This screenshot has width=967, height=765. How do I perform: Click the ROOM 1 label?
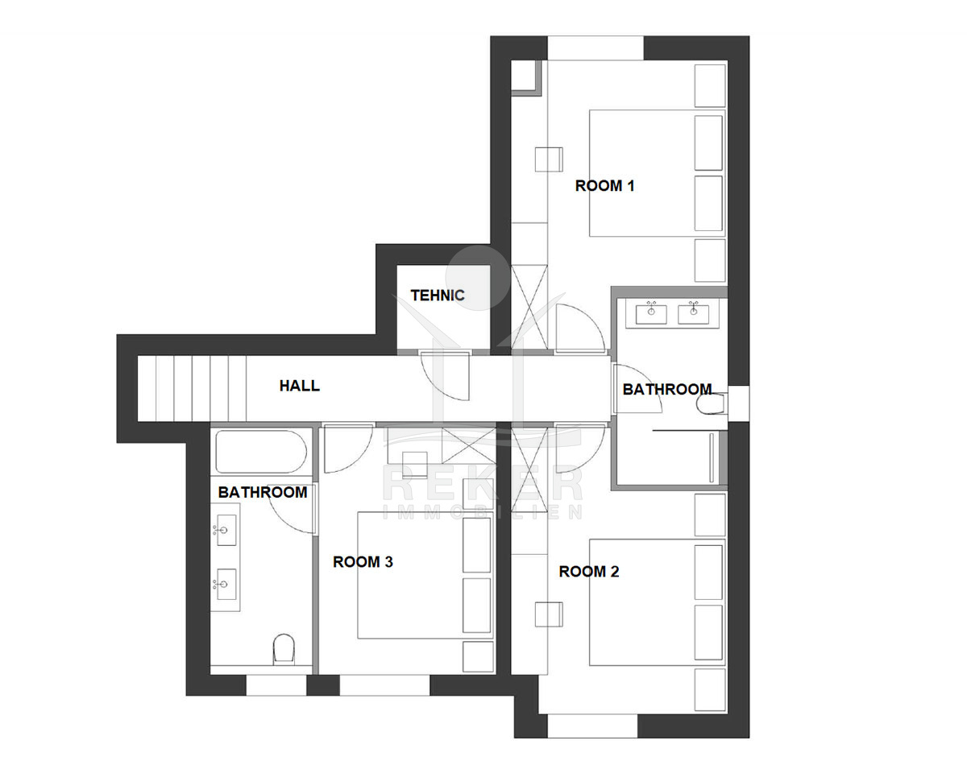[604, 186]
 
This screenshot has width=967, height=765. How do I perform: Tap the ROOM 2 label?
[588, 572]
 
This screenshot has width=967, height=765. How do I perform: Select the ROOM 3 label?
[363, 562]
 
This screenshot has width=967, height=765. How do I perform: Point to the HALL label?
[299, 386]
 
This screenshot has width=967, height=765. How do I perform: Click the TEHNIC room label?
[438, 296]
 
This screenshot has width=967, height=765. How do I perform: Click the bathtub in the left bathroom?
[261, 452]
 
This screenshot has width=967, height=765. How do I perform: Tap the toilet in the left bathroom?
[284, 648]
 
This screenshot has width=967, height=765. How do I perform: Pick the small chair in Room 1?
[549, 159]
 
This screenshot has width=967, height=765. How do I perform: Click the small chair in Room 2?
[549, 614]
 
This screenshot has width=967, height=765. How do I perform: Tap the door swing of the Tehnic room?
[445, 376]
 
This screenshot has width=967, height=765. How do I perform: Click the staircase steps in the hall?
[192, 389]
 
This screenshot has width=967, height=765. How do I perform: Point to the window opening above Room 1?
[596, 48]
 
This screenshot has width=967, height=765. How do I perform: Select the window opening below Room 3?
[384, 685]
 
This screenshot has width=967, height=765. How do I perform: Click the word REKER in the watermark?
[483, 484]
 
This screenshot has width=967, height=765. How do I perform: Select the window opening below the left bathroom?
[276, 685]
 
